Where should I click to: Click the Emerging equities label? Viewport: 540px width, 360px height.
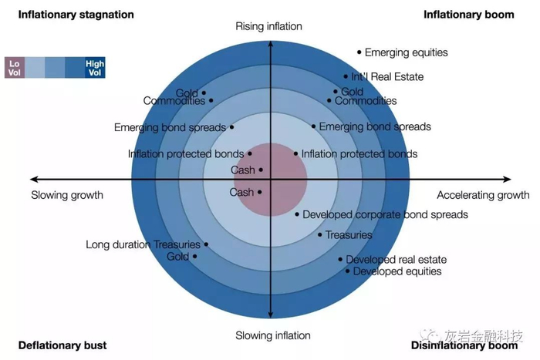[406, 53]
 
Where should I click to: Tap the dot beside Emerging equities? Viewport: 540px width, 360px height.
[359, 52]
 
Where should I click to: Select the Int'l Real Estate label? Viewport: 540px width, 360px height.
[387, 77]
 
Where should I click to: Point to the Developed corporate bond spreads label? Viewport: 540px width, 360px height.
[385, 214]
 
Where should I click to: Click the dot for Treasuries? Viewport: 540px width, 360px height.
[320, 234]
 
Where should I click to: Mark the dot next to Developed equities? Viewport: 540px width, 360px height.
[348, 271]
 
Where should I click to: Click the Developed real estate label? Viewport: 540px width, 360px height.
[396, 260]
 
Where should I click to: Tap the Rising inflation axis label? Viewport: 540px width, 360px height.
[268, 27]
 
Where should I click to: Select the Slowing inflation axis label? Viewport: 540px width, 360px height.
[272, 335]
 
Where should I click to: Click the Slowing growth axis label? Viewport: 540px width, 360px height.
[67, 195]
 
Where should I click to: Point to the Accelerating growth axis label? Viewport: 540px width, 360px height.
[483, 195]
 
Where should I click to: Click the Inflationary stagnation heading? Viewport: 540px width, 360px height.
[76, 15]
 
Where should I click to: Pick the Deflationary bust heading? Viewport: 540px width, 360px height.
[62, 345]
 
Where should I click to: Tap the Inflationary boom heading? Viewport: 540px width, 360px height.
[468, 15]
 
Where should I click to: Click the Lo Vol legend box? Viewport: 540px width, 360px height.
[14, 67]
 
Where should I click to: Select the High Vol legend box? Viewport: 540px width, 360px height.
[95, 67]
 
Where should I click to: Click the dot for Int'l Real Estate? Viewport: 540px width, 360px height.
[346, 76]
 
